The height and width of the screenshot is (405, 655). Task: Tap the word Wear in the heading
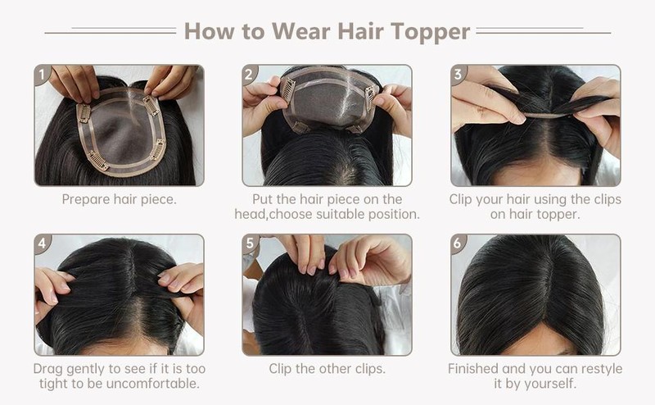301,31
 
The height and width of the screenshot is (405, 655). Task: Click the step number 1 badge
43,75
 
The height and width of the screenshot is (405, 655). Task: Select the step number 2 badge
250,75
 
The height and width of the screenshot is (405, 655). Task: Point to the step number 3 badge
458,75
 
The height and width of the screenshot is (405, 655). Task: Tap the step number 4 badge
43,243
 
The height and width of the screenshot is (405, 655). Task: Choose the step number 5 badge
250,243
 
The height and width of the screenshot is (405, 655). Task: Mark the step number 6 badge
458,243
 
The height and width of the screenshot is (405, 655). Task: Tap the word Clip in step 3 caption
460,199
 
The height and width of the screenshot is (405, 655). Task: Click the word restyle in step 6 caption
602,369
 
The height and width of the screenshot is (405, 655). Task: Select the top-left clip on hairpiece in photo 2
288,89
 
